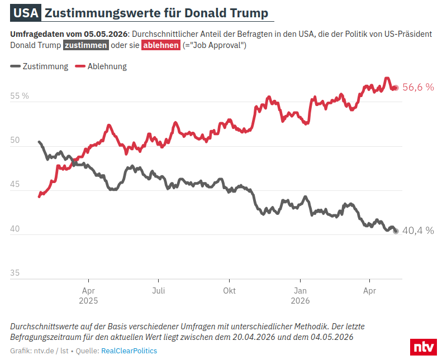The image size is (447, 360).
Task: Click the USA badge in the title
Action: point(26,13)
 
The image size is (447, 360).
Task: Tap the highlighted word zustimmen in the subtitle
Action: point(86,45)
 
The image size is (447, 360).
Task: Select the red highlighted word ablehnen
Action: point(161,45)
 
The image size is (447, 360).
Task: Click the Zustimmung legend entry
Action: point(39,66)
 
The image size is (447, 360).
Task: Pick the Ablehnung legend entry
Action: point(101,66)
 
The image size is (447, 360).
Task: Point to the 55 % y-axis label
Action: point(20,96)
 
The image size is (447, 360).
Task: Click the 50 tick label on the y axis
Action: point(15,140)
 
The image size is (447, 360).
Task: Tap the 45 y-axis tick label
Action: point(15,184)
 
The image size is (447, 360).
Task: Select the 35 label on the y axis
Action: point(15,273)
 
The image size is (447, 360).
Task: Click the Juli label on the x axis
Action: point(159,291)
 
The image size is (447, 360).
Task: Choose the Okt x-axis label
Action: point(229,291)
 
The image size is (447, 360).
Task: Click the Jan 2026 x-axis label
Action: point(300,296)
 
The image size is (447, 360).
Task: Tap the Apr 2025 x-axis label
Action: point(88,296)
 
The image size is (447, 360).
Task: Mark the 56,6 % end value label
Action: point(418,87)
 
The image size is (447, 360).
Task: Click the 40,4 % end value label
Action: point(418,231)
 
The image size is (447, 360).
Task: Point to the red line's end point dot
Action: point(396,88)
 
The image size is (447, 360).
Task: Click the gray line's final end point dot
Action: point(396,231)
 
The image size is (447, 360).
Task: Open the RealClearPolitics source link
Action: point(129,351)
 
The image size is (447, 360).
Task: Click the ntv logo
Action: point(424,347)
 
